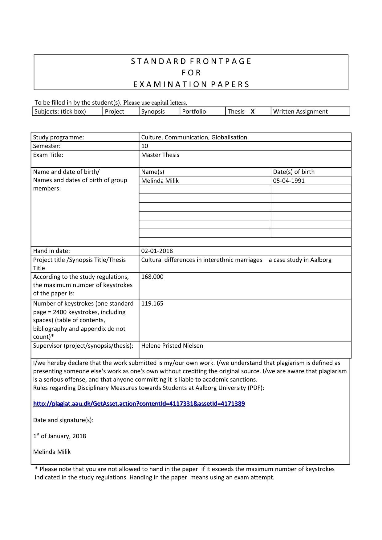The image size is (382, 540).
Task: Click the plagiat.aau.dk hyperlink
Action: coord(139,404)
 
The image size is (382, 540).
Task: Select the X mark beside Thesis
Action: coord(253,112)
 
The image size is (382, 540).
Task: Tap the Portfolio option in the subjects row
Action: coord(194,112)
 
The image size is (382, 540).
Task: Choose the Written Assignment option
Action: coord(300,112)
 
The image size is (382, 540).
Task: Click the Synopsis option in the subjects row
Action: coord(153,112)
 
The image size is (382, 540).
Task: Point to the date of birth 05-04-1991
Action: coord(289,181)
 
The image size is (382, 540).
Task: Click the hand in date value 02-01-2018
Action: coord(157,251)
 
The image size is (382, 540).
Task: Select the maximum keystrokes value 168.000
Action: coord(152,277)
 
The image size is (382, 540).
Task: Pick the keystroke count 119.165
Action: coord(152,303)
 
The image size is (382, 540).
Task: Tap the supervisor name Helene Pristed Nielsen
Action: coord(172,346)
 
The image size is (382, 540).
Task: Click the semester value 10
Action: coord(144,146)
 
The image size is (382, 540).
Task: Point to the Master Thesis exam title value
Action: coord(160,155)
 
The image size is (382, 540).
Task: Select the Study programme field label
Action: coord(59,137)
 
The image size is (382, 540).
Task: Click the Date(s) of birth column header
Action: coord(294,172)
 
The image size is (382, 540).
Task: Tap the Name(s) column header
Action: coord(153,172)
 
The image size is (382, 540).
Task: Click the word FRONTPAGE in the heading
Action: coord(221,61)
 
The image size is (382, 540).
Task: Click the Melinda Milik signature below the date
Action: coord(52,452)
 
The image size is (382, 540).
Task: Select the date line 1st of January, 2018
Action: coord(60,436)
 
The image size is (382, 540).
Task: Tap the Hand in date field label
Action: coord(51,251)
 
